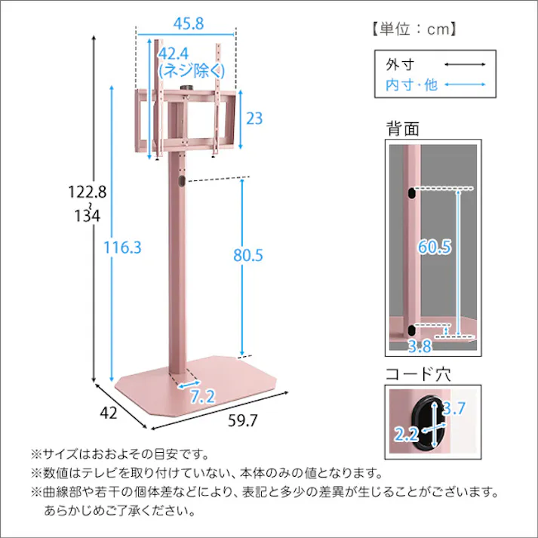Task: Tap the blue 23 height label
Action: pyautogui.click(x=255, y=118)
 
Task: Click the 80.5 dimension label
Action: pyautogui.click(x=247, y=256)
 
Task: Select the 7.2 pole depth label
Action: pyautogui.click(x=202, y=395)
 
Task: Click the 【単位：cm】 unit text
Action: pyautogui.click(x=414, y=29)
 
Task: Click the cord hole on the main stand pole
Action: pyautogui.click(x=181, y=182)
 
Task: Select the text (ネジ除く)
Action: pyautogui.click(x=191, y=71)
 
